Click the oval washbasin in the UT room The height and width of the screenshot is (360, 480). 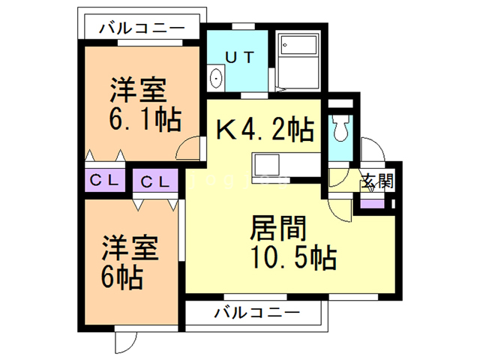click(217, 77)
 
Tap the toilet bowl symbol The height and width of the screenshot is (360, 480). click(339, 130)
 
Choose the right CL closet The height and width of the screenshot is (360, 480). click(156, 181)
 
